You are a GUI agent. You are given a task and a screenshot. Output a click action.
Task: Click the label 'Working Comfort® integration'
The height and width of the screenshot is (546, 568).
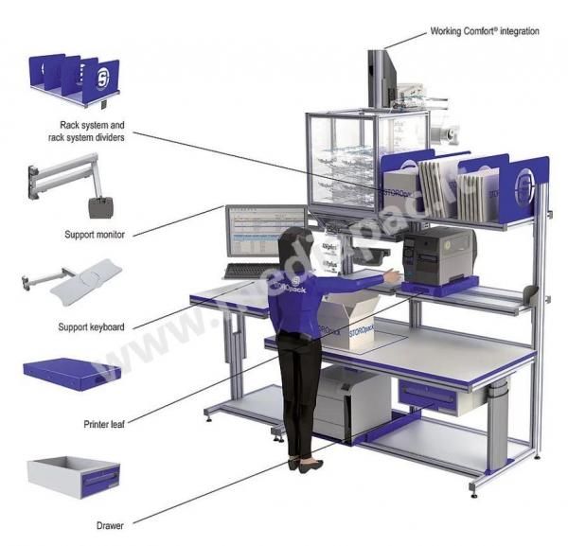coord(484,31)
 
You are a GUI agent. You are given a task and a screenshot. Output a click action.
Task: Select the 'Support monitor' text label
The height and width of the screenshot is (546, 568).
coord(98,233)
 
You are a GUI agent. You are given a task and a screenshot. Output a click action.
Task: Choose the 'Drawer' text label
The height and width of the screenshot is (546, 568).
coord(114,522)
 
